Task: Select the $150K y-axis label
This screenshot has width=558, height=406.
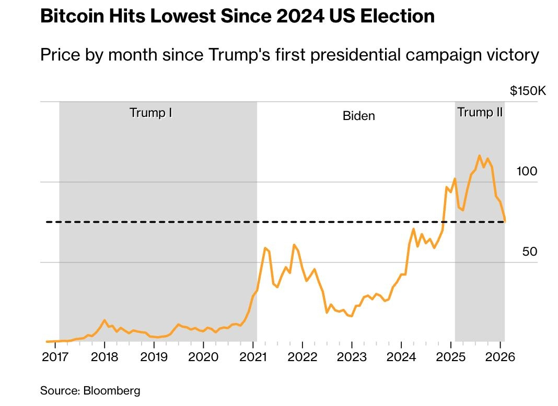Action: pyautogui.click(x=528, y=91)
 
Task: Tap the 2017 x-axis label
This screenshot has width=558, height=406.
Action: pyautogui.click(x=55, y=357)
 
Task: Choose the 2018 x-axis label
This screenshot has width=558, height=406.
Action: pyautogui.click(x=104, y=357)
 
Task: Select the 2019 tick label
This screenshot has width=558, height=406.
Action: pyautogui.click(x=154, y=357)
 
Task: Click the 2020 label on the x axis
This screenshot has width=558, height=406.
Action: pyautogui.click(x=203, y=357)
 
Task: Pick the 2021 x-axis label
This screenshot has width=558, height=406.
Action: pyautogui.click(x=253, y=357)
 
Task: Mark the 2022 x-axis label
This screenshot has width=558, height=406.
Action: pyautogui.click(x=303, y=357)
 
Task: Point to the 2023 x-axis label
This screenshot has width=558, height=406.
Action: pyautogui.click(x=352, y=357)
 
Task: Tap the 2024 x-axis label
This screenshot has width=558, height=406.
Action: pyautogui.click(x=401, y=357)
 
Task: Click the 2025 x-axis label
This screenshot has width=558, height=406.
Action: pyautogui.click(x=451, y=357)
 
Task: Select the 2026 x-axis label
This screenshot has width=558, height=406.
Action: pyautogui.click(x=500, y=357)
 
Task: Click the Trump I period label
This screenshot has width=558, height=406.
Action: pyautogui.click(x=151, y=113)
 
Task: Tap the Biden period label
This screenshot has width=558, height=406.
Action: pyautogui.click(x=359, y=115)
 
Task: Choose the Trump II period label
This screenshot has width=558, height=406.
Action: pyautogui.click(x=480, y=112)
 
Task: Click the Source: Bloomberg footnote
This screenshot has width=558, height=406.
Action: pyautogui.click(x=90, y=390)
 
